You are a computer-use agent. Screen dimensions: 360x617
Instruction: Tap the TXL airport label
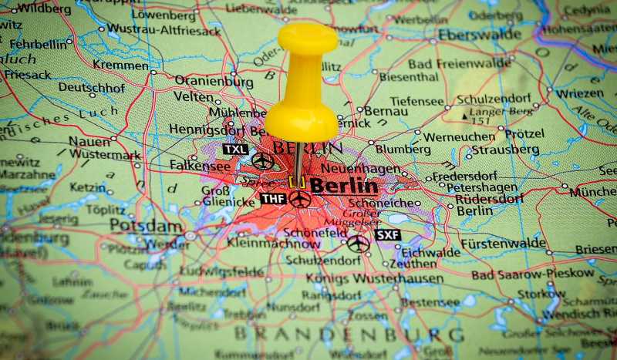[235, 149]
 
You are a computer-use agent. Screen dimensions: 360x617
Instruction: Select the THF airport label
[273, 199]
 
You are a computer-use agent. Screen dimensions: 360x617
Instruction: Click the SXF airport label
[387, 234]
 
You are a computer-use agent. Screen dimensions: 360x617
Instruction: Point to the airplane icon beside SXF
[357, 244]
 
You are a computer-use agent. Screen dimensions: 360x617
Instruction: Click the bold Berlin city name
[344, 186]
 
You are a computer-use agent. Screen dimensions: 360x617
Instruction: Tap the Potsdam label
[146, 225]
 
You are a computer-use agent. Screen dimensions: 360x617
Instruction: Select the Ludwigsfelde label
[221, 271]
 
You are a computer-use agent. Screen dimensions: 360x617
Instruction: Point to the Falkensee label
[200, 166]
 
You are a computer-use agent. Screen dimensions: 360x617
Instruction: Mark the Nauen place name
[89, 141]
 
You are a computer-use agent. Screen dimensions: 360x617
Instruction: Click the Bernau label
[386, 111]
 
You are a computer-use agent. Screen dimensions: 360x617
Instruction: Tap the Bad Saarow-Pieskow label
[533, 274]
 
